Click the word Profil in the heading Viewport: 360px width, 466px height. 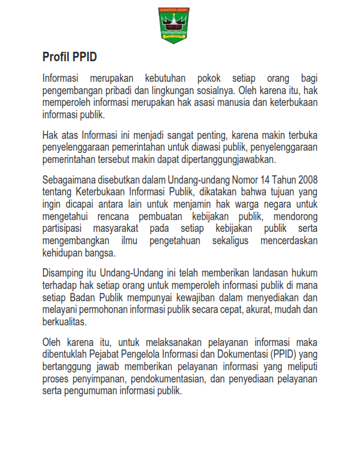(57, 57)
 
